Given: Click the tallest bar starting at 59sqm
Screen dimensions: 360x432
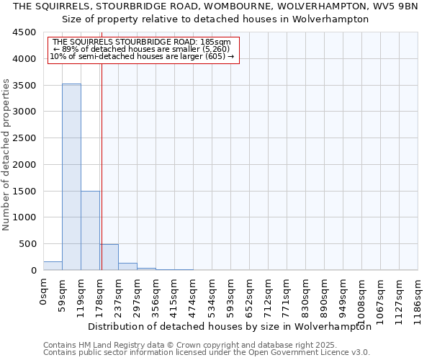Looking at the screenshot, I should tap(71, 177).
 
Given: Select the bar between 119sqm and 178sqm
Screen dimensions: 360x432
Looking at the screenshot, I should tap(90, 230).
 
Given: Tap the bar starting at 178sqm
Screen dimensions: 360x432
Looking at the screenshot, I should tap(109, 257).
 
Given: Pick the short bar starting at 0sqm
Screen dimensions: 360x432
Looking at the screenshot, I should tap(53, 266).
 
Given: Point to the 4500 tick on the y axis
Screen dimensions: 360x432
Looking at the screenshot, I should tap(24, 32).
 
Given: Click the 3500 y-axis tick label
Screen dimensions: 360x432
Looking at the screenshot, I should tap(24, 85).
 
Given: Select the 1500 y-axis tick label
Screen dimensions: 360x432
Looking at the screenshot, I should tap(24, 191).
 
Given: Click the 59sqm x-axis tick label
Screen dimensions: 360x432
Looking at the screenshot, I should tap(62, 293).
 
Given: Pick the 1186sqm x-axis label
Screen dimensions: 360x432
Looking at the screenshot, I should tap(418, 298).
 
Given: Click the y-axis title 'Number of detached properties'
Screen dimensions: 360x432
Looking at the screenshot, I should tap(7, 155).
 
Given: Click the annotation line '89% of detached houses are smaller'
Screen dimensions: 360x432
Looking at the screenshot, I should tap(141, 49).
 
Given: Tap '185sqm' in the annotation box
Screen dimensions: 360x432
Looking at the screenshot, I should tap(217, 42).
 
